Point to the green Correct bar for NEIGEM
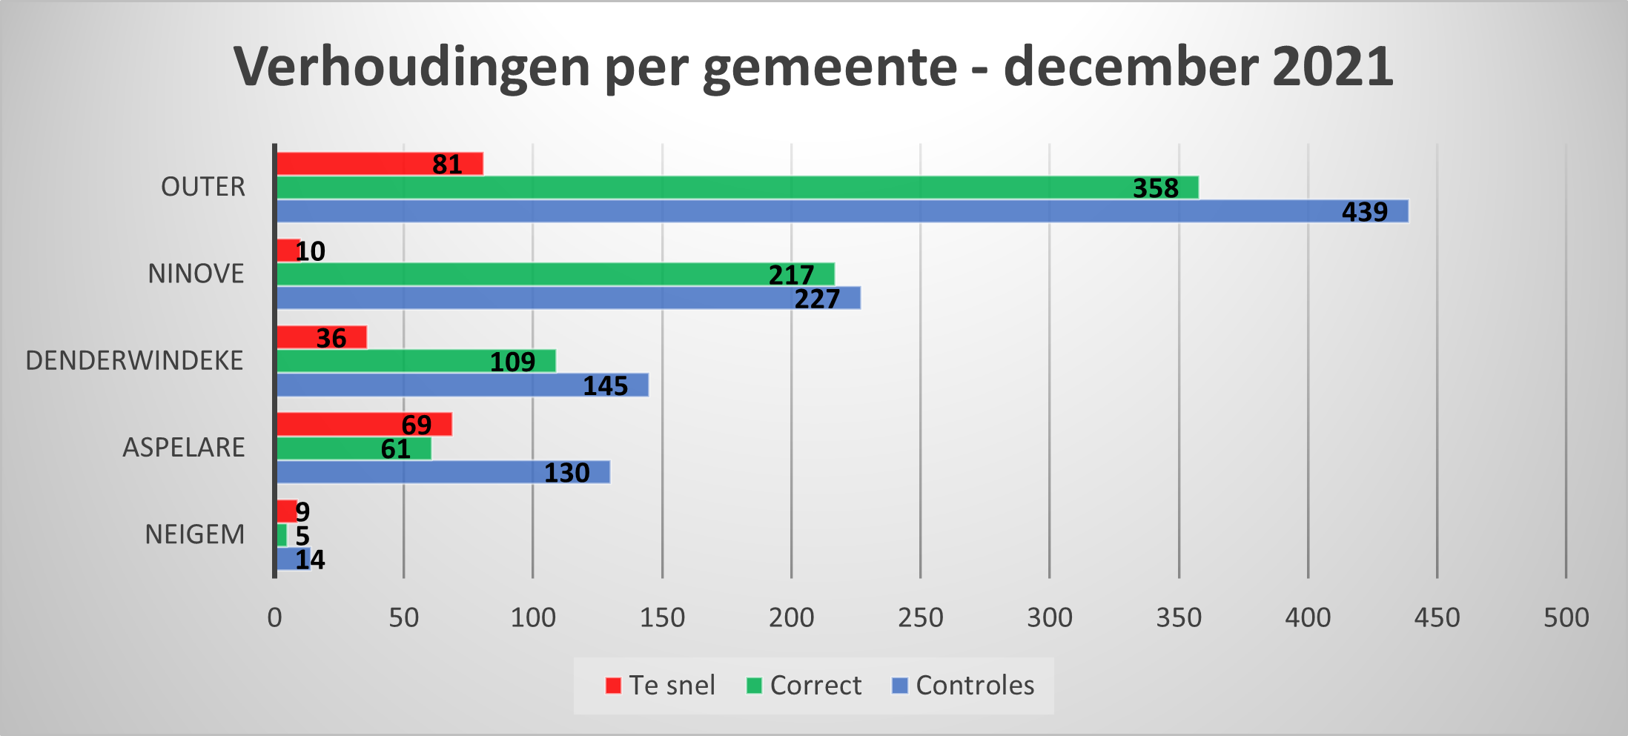282,535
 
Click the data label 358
1155,188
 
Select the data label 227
817,299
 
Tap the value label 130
566,473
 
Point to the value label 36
331,338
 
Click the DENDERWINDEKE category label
134,361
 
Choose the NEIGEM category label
194,534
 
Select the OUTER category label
202,187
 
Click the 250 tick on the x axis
920,617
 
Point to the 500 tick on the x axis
1566,617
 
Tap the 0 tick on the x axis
274,617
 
